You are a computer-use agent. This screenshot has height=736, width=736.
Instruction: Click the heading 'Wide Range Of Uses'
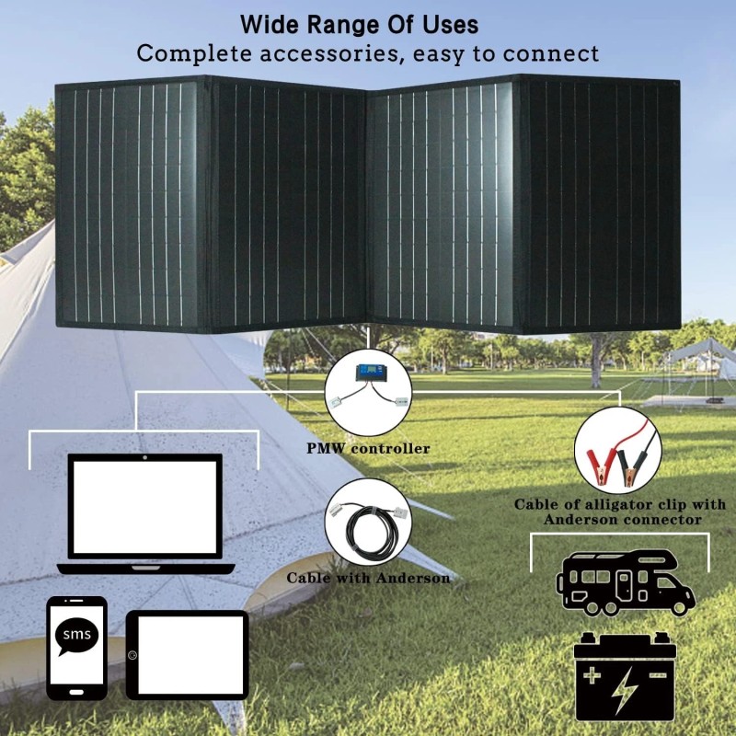pyautogui.click(x=359, y=23)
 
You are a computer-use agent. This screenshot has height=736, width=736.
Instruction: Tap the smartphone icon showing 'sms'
pyautogui.click(x=76, y=647)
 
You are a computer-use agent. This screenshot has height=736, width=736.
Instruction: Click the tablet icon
pyautogui.click(x=188, y=653)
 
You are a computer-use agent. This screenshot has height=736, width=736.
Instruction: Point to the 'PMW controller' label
pyautogui.click(x=368, y=449)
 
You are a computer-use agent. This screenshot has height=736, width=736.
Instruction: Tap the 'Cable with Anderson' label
pyautogui.click(x=368, y=578)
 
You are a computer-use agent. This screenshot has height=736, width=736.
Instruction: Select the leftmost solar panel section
pyautogui.click(x=129, y=204)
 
